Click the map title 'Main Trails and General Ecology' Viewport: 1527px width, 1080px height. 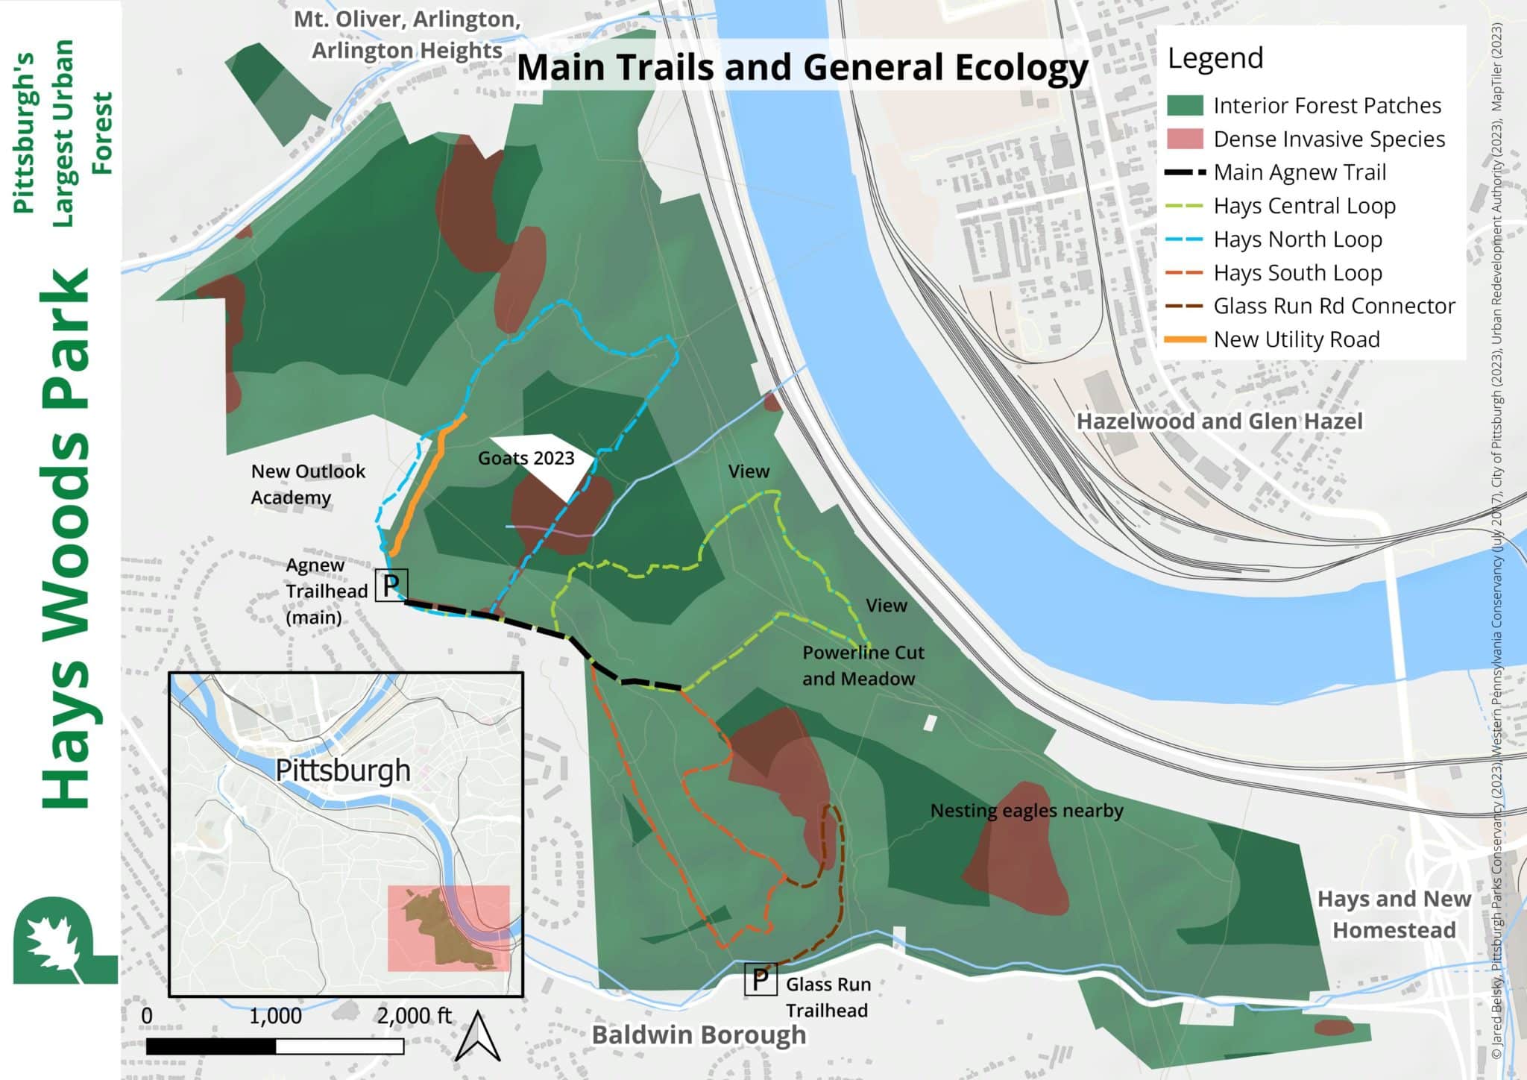pyautogui.click(x=802, y=67)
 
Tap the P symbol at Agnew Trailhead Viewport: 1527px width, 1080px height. pyautogui.click(x=391, y=585)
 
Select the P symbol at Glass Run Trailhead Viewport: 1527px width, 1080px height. pyautogui.click(x=760, y=979)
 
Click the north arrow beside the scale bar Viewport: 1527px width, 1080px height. pyautogui.click(x=477, y=1036)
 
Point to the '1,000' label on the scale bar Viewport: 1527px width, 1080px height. pyautogui.click(x=275, y=1016)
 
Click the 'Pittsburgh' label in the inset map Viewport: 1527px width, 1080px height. pyautogui.click(x=343, y=770)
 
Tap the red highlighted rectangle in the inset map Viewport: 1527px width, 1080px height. pyautogui.click(x=448, y=928)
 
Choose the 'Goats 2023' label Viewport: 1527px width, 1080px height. pyautogui.click(x=526, y=458)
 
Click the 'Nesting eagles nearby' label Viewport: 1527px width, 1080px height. pyautogui.click(x=1026, y=811)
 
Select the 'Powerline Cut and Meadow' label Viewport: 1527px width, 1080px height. pyautogui.click(x=862, y=665)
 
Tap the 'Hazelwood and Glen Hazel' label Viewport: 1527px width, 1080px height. pyautogui.click(x=1218, y=421)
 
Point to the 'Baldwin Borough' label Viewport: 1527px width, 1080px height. pyautogui.click(x=699, y=1035)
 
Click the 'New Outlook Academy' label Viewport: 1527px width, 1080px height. pyautogui.click(x=307, y=484)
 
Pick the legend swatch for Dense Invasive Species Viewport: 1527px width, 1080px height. pyautogui.click(x=1185, y=139)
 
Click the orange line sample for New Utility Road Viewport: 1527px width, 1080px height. pyautogui.click(x=1185, y=339)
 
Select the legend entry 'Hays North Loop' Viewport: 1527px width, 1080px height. pyautogui.click(x=1297, y=239)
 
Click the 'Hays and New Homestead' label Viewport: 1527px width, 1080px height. pyautogui.click(x=1394, y=914)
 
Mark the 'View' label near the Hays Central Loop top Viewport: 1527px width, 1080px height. pyautogui.click(x=749, y=471)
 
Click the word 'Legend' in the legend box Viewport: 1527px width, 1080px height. pyautogui.click(x=1215, y=58)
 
